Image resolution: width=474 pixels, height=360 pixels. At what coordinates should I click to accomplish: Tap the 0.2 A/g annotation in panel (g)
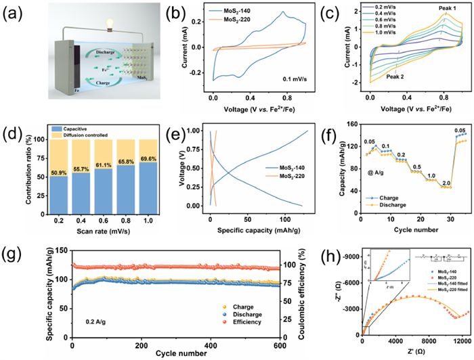[99, 313]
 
